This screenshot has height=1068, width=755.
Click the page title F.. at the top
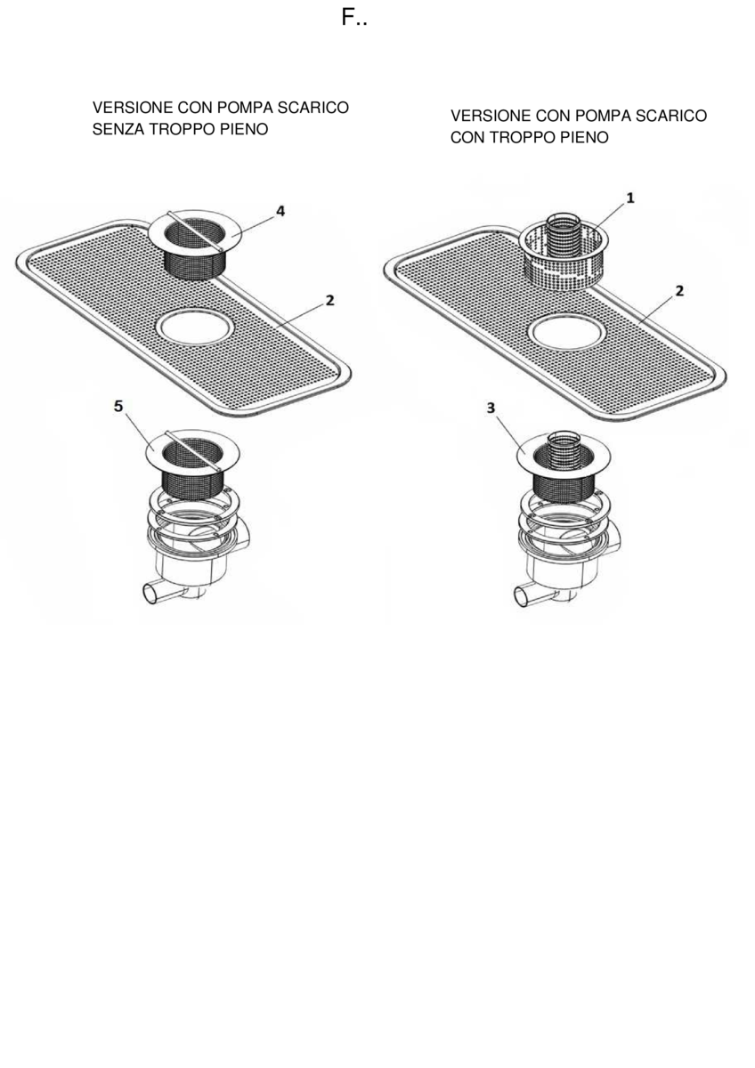(354, 18)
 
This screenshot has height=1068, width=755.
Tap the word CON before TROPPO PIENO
(467, 138)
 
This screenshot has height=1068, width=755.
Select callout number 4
(280, 211)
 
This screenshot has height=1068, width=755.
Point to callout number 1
(630, 198)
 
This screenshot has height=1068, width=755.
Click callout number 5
(118, 406)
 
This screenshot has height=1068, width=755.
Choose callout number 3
(491, 409)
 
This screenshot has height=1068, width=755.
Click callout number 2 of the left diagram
(330, 301)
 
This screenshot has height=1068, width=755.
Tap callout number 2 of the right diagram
(679, 290)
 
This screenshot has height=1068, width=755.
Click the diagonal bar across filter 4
(195, 231)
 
